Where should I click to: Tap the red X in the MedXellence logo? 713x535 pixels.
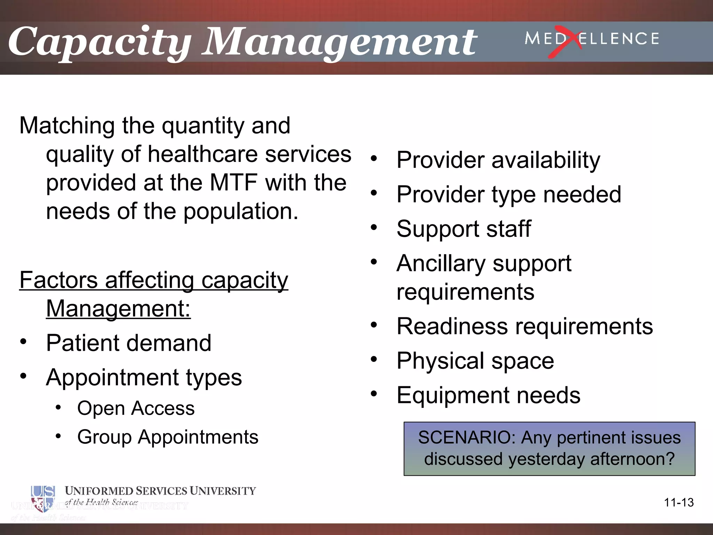point(565,41)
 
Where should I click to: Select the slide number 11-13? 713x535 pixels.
point(679,503)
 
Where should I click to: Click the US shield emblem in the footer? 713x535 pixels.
point(42,498)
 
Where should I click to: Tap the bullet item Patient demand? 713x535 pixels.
point(128,343)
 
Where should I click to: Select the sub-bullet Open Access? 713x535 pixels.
point(136,408)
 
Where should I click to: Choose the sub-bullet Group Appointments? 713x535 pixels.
point(167,437)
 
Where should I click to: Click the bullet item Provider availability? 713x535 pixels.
point(498,160)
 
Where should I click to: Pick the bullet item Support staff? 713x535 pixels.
point(463,229)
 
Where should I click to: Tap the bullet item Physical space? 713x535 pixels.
point(475,361)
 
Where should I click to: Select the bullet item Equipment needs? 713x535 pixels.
point(488,395)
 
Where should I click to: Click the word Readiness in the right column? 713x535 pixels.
point(452,326)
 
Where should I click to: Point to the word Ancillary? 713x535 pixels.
point(440,263)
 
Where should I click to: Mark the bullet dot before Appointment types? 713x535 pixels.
point(23,376)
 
